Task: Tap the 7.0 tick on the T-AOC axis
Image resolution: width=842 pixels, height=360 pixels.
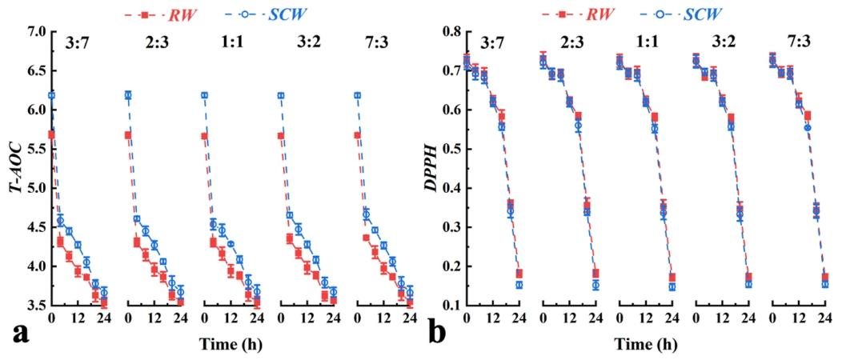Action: coord(35,32)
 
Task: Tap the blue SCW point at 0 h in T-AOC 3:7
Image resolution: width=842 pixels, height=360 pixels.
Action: coord(52,96)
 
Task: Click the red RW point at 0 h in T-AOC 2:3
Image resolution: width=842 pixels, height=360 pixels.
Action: coord(128,135)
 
